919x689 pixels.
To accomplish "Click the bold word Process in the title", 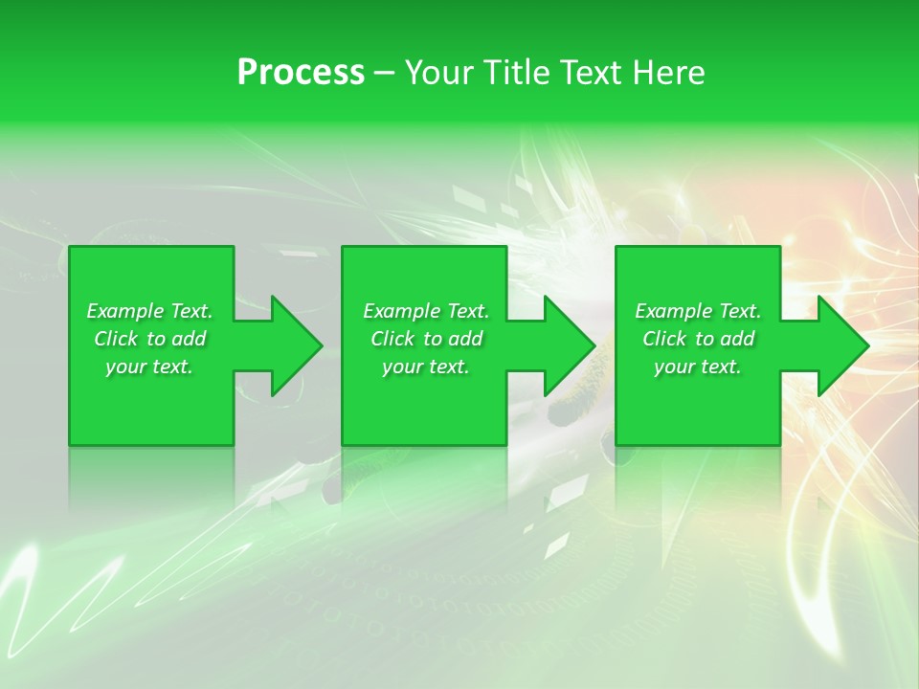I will [301, 73].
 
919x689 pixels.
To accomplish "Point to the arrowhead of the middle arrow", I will [568, 345].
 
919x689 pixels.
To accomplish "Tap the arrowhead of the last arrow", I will [841, 345].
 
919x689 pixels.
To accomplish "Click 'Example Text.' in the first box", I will [149, 311].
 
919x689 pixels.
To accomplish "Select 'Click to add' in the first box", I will [149, 339].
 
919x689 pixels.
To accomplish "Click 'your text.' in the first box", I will [149, 367].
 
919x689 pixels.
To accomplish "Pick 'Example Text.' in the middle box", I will [426, 311].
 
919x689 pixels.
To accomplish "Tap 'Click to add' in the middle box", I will [426, 339].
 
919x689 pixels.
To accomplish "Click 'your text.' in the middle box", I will [426, 367].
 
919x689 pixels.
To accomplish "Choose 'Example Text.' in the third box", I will [698, 311].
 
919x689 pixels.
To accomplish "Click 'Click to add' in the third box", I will [698, 339].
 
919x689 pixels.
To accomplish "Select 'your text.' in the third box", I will [698, 367].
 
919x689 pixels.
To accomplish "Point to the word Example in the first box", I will [124, 311].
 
